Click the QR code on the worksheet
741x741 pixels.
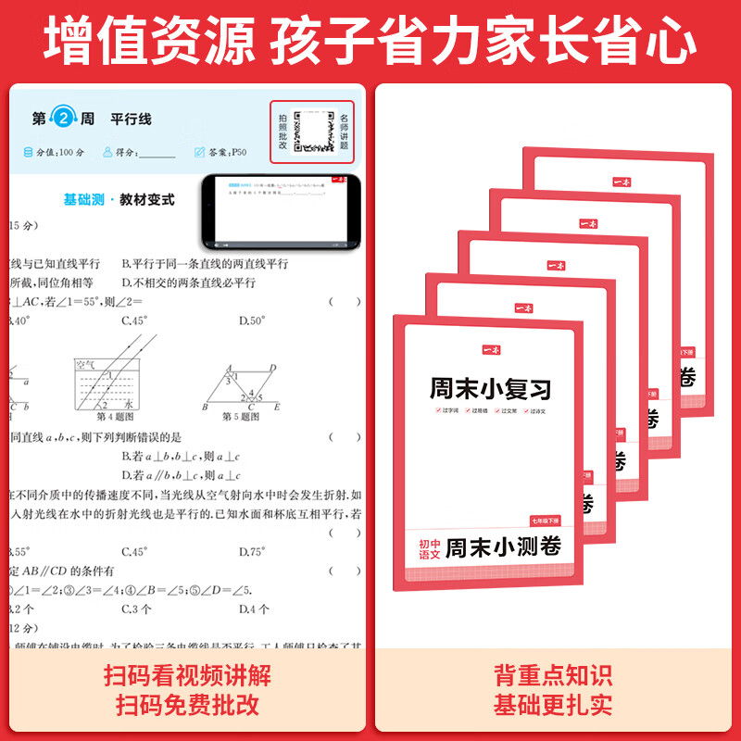tap(312, 132)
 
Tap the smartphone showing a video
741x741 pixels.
tap(281, 211)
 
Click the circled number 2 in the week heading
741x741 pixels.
tap(63, 119)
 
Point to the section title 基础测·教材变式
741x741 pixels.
tap(119, 199)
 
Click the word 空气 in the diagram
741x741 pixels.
tap(86, 366)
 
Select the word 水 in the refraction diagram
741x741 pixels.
tap(129, 404)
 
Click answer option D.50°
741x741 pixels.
tap(252, 320)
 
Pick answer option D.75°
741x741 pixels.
tap(252, 551)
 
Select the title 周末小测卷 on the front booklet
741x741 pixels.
tap(503, 547)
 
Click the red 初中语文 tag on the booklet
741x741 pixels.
tap(429, 547)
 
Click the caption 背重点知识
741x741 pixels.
tap(553, 675)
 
